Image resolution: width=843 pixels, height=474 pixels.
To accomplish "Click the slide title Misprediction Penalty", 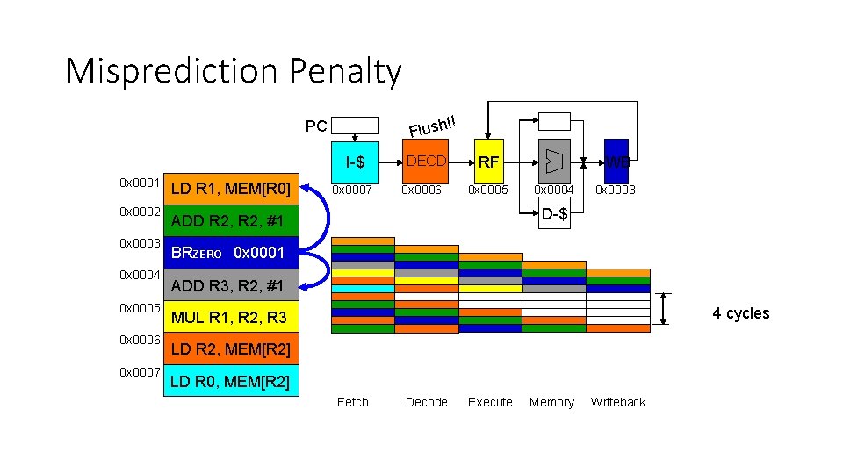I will (233, 71).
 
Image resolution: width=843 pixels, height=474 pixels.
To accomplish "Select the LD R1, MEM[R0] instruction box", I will (231, 188).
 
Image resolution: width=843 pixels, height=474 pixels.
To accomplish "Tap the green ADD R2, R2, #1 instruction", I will (231, 219).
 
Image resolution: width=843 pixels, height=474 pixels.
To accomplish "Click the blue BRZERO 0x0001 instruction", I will (231, 253).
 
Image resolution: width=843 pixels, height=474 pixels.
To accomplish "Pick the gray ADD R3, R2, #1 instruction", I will (231, 285).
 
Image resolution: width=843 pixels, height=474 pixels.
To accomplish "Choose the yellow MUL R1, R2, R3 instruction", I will (231, 317).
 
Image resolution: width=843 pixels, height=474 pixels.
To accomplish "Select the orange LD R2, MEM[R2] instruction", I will (231, 349).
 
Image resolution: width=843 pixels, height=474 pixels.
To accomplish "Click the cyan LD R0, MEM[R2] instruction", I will (231, 381).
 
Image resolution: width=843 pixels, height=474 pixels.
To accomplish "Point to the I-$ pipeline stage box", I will (355, 162).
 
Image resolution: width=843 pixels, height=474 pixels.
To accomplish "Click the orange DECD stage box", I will (425, 162).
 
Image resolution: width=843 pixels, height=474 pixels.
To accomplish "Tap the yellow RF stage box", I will (488, 162).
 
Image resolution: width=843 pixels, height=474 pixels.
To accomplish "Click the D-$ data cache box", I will (553, 214).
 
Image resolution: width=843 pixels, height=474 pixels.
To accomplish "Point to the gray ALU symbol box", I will (553, 162).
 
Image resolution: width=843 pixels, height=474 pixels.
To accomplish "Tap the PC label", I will (316, 126).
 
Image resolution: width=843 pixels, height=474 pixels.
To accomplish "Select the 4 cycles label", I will (740, 313).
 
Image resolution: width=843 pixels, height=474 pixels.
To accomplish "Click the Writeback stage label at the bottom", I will (617, 402).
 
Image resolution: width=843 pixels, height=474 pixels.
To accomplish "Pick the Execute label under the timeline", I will (490, 402).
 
